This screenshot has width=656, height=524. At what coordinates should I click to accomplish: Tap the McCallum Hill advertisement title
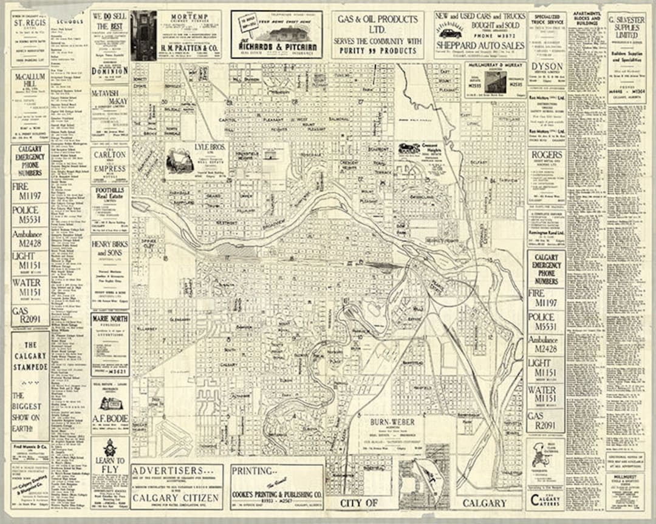29,82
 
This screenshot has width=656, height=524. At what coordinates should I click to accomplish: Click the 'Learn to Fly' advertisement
110,465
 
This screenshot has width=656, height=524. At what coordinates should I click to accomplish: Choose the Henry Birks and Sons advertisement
109,248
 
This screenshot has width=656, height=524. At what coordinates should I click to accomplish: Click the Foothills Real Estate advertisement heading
109,192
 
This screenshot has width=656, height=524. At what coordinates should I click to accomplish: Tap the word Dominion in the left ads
109,70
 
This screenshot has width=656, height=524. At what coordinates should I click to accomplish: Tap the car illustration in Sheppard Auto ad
450,32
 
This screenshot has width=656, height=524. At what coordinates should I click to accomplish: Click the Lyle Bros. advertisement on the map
210,147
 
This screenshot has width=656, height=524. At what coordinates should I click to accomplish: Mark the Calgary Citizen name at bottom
176,497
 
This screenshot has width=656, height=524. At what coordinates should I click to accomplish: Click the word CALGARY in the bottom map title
484,503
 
